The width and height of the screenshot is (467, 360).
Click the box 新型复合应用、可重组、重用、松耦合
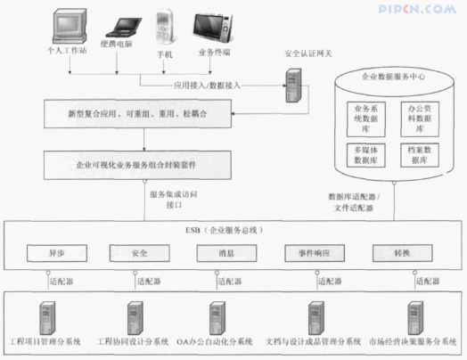[x=137, y=115]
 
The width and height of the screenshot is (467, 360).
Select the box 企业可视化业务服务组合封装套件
[x=137, y=165]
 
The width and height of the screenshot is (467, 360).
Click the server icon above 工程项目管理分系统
[x=45, y=316]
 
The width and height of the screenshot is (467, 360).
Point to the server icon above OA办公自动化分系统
[x=217, y=316]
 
